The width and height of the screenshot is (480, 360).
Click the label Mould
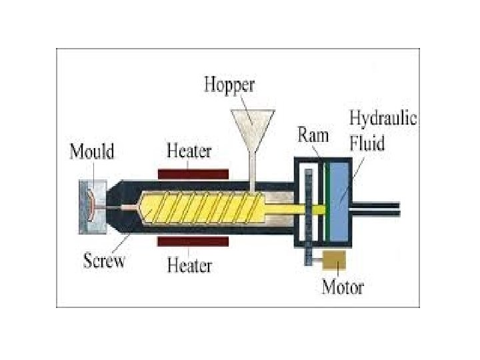coord(92,152)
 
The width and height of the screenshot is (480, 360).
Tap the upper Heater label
coord(189,151)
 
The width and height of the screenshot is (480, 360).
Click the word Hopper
coord(229,85)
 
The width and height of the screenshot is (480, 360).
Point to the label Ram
coord(313,135)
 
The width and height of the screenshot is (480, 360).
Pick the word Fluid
coord(369,143)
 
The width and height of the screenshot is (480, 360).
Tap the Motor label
coord(343,287)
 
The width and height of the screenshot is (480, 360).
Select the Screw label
coord(104,261)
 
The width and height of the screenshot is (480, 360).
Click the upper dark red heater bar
coord(193,173)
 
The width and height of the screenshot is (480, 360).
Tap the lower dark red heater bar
coord(193,239)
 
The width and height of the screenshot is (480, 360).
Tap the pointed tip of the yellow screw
coord(139,208)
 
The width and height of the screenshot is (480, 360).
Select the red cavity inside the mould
coord(89,207)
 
